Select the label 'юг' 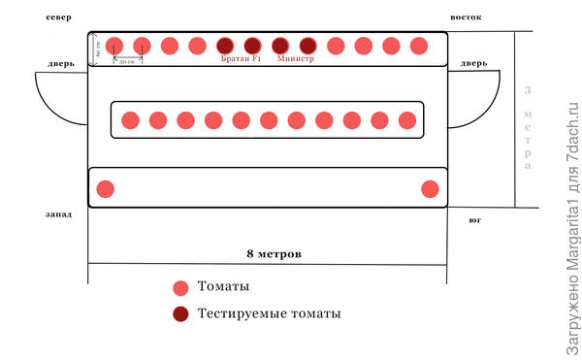click(475, 221)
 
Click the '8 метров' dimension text click(275, 253)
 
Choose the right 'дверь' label click(473, 65)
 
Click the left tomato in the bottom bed click(106, 188)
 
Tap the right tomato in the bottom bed click(430, 188)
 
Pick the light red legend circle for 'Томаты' click(179, 288)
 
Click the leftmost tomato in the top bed click(114, 45)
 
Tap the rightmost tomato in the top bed click(419, 45)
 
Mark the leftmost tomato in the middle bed click(130, 120)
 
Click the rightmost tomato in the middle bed click(407, 120)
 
